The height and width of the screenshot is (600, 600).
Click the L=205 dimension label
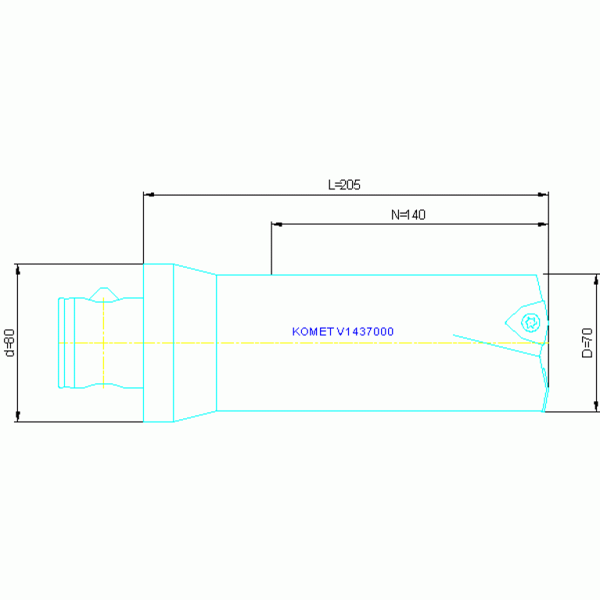344,185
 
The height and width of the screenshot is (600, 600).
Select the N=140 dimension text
408,214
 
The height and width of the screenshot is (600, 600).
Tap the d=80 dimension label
10,343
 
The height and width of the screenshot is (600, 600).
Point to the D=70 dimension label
587,343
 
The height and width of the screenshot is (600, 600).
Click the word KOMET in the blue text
313,332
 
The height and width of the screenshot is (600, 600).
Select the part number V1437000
365,332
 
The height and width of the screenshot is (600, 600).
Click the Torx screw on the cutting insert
530,323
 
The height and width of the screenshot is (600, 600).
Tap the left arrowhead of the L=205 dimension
149,195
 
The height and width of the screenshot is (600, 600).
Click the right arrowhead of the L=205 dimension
543,195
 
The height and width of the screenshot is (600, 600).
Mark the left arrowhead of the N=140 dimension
277,225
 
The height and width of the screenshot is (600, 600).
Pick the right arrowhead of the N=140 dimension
543,225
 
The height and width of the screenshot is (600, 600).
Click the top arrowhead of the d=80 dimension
18,269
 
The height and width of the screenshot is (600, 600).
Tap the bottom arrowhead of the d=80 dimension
18,416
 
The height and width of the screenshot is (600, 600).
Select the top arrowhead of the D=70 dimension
596,280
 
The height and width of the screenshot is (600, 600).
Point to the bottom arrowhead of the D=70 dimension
596,406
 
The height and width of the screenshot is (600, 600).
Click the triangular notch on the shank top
104,295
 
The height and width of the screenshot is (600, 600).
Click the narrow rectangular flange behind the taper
159,343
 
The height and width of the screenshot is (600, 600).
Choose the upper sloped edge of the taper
195,269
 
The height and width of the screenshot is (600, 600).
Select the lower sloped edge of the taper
195,416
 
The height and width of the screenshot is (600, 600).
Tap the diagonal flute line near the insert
497,346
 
